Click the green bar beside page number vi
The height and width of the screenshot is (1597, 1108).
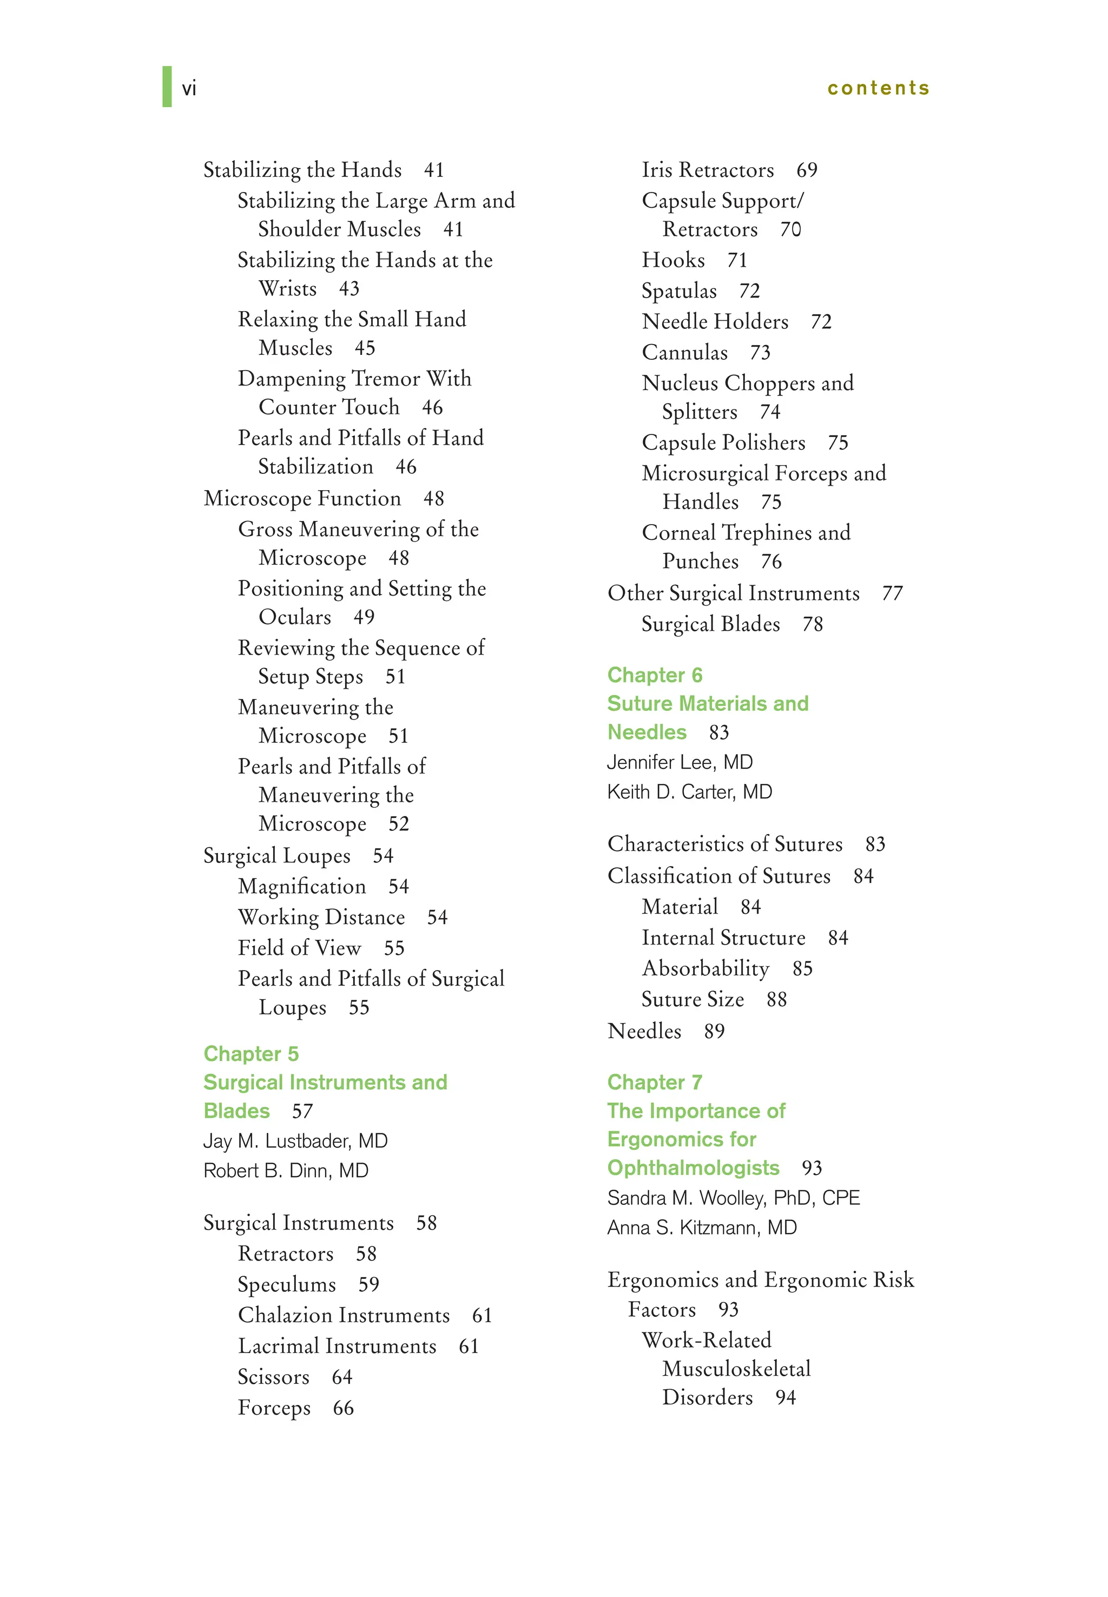click(167, 87)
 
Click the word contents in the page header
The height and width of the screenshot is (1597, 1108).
click(878, 88)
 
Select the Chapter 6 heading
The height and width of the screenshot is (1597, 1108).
click(654, 675)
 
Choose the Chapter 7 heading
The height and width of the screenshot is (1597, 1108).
click(654, 1082)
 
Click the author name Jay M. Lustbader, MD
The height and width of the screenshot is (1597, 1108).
click(295, 1141)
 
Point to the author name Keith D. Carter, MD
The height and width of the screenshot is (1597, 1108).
click(689, 792)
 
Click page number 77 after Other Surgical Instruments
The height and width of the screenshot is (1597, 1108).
click(892, 593)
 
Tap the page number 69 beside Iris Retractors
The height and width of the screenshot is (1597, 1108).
click(806, 170)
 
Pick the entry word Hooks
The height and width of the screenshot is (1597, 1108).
click(672, 260)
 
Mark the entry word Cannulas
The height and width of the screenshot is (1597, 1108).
click(684, 353)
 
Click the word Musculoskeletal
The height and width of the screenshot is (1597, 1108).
click(736, 1369)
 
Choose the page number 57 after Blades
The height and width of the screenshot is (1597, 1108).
click(302, 1111)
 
